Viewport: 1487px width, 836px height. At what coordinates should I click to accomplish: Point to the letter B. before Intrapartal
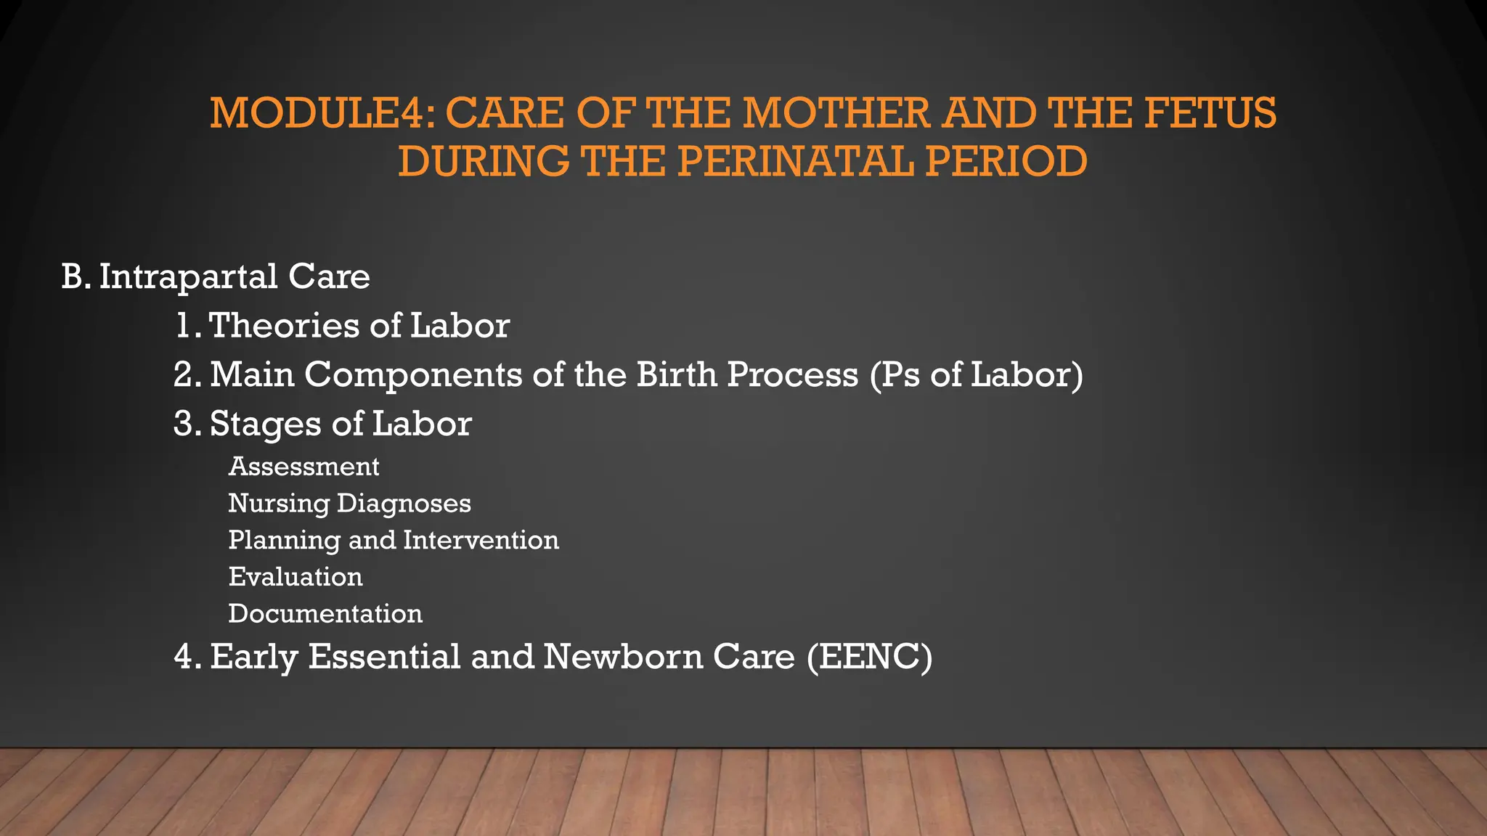(x=76, y=276)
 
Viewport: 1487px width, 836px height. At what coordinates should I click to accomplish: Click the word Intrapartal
(x=188, y=276)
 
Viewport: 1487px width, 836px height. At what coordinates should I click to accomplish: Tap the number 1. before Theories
(x=187, y=326)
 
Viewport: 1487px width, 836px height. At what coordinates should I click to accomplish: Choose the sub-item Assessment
(x=303, y=467)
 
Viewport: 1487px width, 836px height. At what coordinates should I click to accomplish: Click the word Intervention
(x=481, y=540)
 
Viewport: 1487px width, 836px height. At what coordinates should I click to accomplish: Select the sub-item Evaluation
(x=296, y=577)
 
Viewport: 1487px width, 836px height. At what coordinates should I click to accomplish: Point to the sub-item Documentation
(x=325, y=614)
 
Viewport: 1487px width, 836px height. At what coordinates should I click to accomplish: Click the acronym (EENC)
(x=869, y=657)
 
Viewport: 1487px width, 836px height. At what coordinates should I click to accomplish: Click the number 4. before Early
(x=187, y=657)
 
